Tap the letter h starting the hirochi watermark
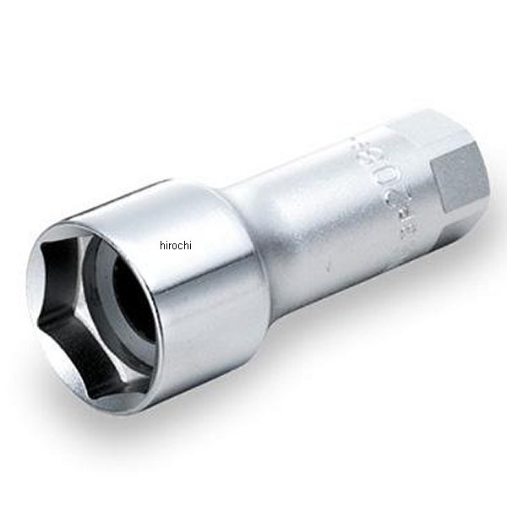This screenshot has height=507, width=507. click(161, 246)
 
